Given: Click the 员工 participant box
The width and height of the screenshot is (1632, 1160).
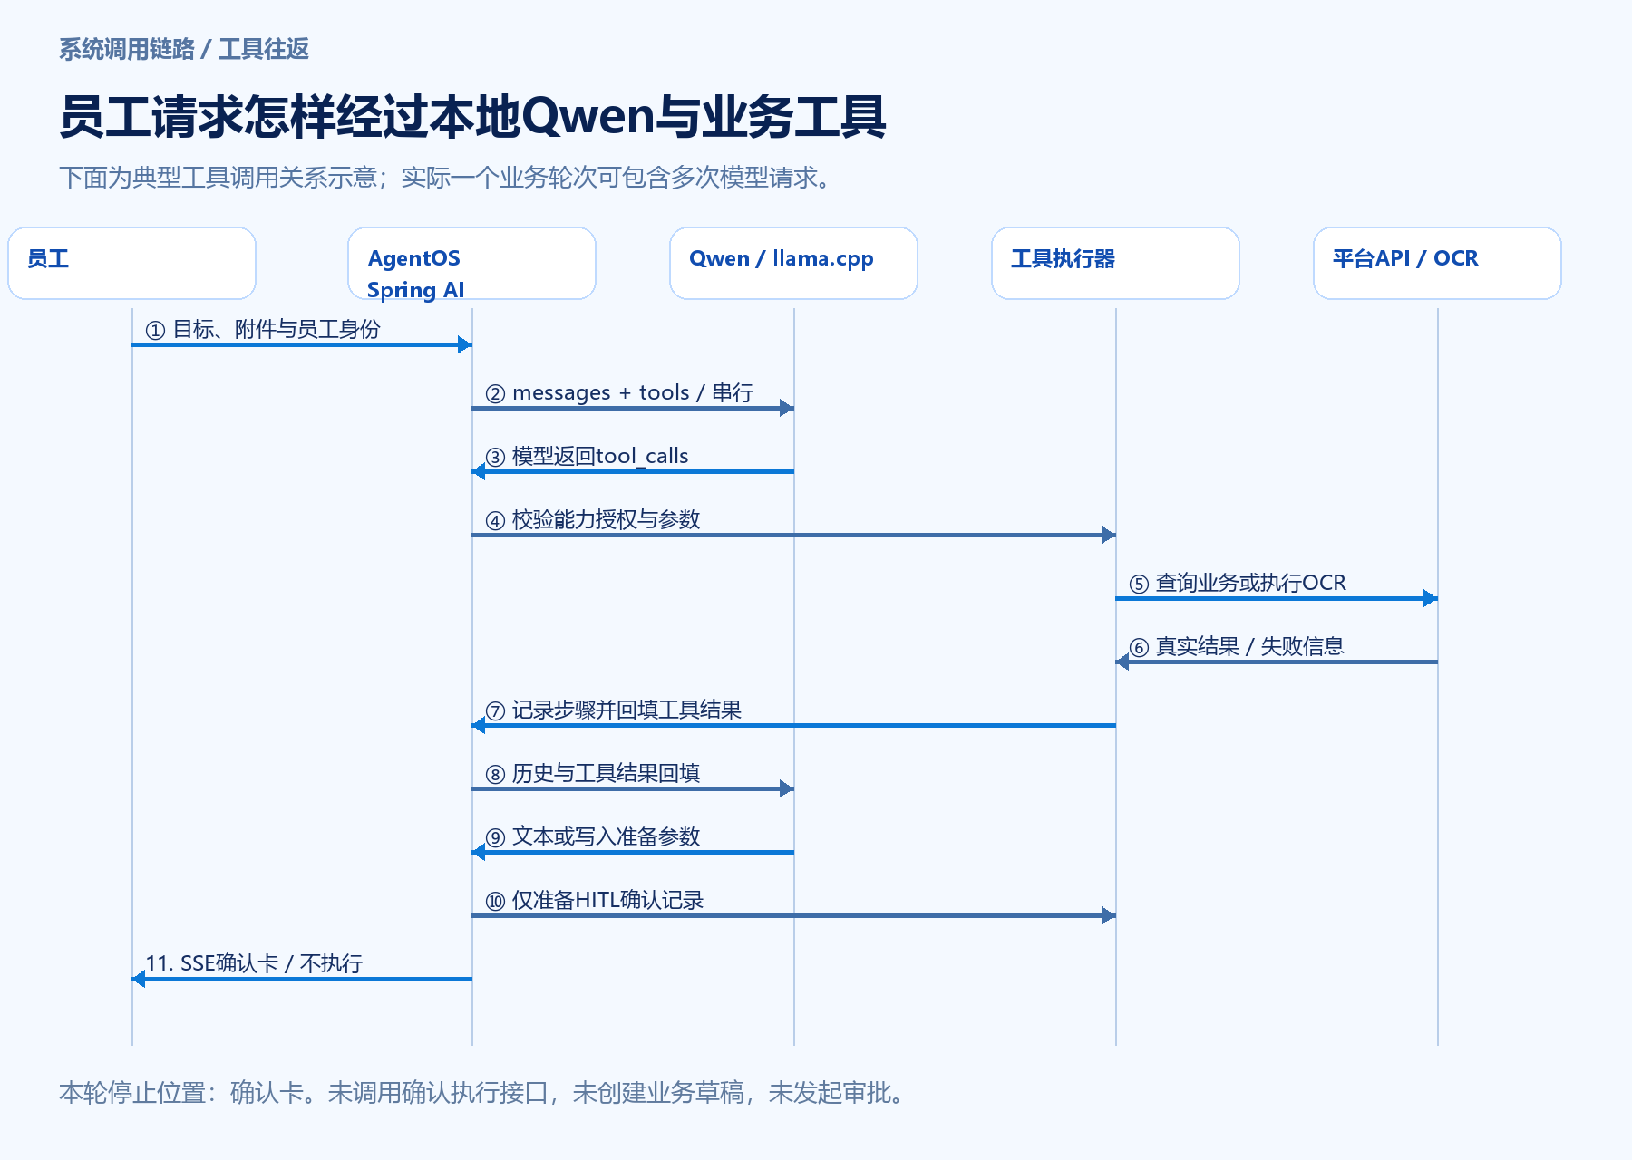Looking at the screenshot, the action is [131, 263].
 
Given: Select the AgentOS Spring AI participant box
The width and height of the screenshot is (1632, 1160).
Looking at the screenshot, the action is [471, 263].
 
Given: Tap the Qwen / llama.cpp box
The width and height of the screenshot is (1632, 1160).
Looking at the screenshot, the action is [793, 263].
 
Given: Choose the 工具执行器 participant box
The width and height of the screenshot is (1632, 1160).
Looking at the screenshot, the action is [1115, 263].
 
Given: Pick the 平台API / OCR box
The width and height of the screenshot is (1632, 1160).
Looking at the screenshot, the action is [1437, 263].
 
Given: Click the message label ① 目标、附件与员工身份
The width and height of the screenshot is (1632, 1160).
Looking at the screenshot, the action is [263, 330].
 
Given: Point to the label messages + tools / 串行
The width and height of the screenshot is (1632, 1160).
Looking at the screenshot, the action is [633, 393].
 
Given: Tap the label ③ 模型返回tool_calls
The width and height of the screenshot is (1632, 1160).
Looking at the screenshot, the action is [587, 457].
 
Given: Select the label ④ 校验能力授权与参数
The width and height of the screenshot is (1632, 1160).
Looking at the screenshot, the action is [593, 520].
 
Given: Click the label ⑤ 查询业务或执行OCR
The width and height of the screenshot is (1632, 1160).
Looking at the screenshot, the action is [1238, 584].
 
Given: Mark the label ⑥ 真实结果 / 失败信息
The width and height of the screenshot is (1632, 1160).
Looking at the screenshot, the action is [1237, 647].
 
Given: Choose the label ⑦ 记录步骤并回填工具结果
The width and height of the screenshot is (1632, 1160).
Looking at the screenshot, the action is [614, 710].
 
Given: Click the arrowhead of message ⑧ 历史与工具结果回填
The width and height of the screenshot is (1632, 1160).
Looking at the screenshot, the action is [787, 788].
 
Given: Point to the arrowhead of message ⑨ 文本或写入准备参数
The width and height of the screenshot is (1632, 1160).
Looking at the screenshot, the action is [479, 852].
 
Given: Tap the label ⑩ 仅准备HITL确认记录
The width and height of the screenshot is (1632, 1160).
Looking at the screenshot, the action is [595, 901].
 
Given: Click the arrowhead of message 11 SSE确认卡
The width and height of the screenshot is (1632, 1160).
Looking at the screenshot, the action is [139, 979].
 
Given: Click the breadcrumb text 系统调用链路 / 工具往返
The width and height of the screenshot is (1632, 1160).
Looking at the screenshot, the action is [184, 49].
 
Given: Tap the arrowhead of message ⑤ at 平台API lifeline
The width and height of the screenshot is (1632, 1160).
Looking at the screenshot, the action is [1431, 598].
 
